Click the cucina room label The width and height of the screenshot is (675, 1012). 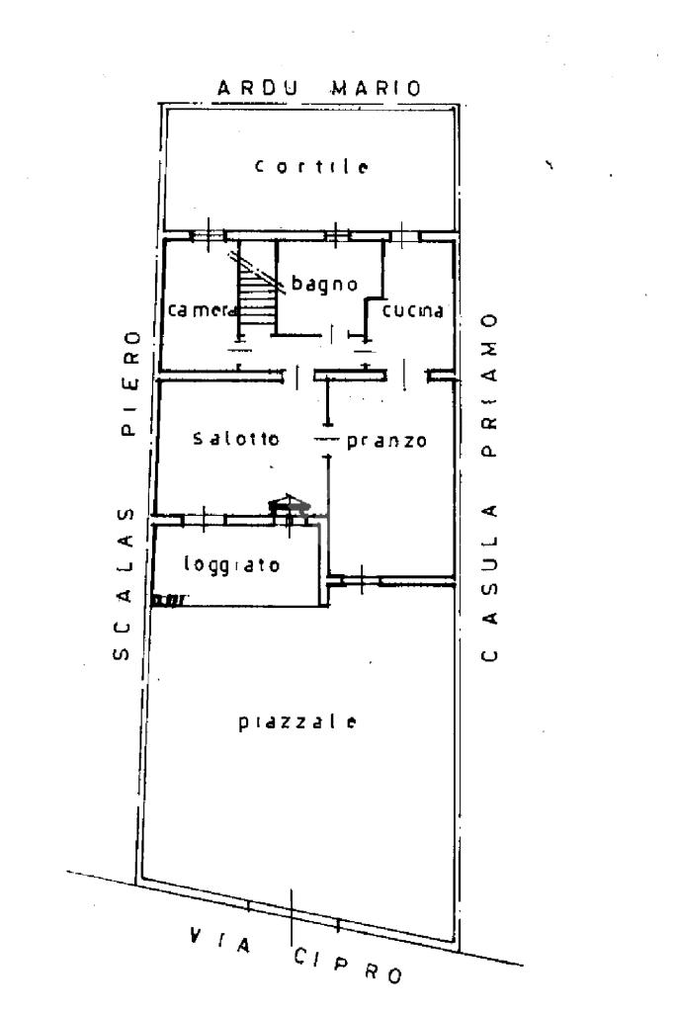pyautogui.click(x=415, y=310)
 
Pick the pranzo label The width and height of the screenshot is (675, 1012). pyautogui.click(x=386, y=441)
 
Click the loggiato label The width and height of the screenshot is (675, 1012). pyautogui.click(x=233, y=565)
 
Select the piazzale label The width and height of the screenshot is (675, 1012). pyautogui.click(x=296, y=720)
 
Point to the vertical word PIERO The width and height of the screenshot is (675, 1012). pyautogui.click(x=128, y=381)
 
